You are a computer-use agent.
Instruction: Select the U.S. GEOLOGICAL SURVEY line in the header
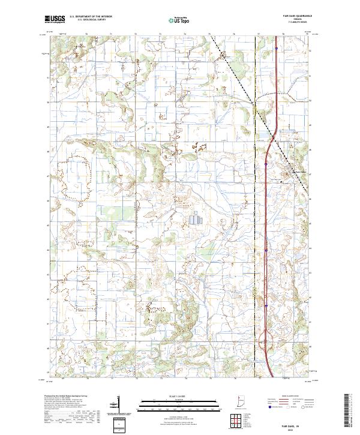pos(88,20)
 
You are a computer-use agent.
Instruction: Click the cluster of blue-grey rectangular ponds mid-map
pos(196,220)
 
